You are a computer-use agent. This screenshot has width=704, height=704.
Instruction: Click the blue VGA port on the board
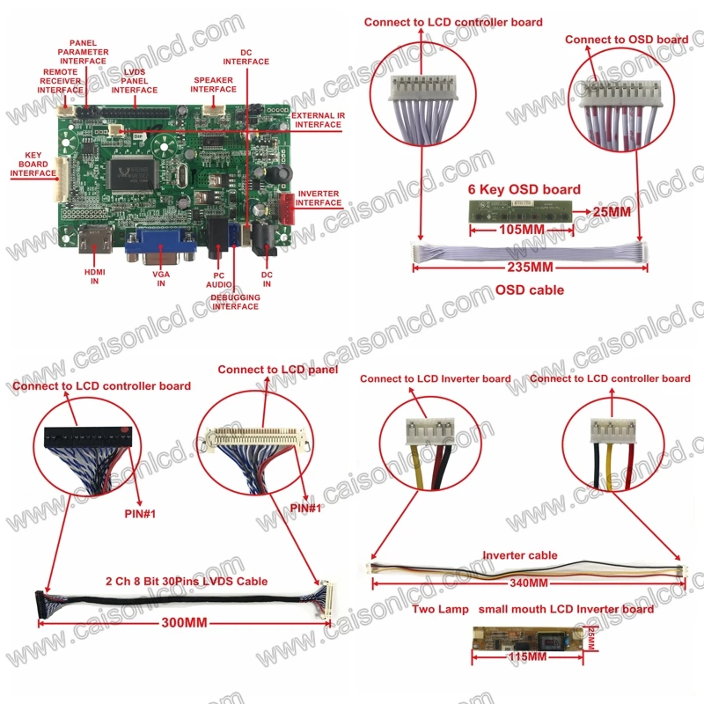160,246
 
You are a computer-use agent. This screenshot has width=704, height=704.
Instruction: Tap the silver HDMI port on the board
95,239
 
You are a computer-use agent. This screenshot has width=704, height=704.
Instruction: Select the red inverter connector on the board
288,209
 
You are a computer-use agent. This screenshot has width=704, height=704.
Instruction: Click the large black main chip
133,174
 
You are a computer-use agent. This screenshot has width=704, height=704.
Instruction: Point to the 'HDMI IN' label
94,276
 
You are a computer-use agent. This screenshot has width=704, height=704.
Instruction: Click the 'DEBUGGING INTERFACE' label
235,302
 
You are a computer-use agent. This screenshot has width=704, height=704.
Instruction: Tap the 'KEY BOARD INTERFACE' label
33,164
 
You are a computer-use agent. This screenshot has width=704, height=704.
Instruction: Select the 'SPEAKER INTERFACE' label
213,84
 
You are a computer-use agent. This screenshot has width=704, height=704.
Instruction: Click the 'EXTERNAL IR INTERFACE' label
319,120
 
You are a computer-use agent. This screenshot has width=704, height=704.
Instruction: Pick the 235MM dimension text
531,268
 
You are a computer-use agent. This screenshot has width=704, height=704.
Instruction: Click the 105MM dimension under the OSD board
522,230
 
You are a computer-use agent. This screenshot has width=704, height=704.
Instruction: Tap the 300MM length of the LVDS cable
185,623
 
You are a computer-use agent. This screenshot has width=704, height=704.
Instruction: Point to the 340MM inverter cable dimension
529,583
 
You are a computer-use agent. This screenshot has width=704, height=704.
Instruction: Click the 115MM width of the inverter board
527,656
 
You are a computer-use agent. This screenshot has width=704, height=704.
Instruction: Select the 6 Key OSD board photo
521,211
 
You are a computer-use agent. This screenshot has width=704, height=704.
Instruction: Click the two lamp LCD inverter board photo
529,638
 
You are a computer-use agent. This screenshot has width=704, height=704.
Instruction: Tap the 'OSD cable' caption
530,290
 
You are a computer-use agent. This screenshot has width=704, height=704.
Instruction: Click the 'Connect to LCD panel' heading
278,370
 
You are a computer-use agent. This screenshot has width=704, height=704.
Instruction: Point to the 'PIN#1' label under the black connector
140,514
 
